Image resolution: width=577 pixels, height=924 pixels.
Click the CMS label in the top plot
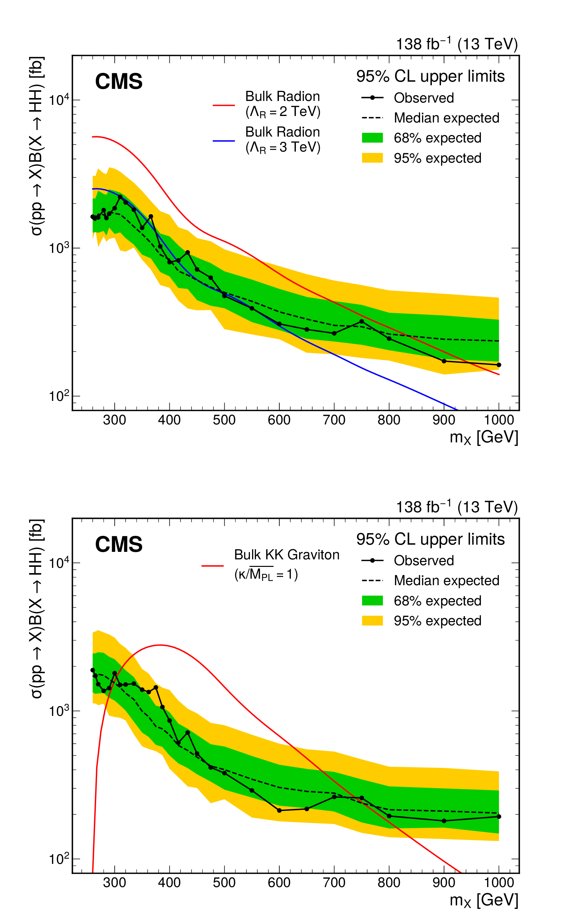pos(119,82)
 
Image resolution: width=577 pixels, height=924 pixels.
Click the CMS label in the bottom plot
pos(119,544)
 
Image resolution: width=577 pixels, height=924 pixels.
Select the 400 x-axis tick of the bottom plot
pos(169,883)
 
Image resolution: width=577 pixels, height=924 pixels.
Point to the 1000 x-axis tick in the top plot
pos(499,420)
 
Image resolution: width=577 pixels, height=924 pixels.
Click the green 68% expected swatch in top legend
pos(372,138)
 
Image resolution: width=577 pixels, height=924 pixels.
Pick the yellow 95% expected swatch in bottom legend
pos(372,620)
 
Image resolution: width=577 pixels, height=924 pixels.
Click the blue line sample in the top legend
pos(224,141)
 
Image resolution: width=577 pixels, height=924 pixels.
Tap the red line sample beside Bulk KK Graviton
pos(212,566)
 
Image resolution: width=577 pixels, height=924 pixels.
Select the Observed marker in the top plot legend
pos(372,98)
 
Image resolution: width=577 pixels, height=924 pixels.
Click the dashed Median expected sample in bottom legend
pos(372,580)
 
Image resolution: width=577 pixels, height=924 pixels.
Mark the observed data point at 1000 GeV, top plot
pos(499,365)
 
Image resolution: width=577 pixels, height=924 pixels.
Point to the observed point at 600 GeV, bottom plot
pos(279,810)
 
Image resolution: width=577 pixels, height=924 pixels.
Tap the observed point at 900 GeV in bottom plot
pos(444,821)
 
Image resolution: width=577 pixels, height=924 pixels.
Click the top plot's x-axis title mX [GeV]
pos(484,437)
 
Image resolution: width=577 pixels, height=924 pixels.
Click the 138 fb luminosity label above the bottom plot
pos(456,507)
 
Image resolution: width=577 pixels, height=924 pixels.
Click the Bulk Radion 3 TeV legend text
pos(282,140)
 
